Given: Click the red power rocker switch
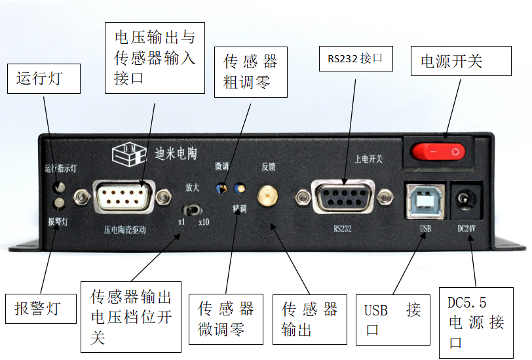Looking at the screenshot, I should coord(438,152).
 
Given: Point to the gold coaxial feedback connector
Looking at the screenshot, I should coord(266,195).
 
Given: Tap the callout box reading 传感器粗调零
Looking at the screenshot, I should coord(251,72).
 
